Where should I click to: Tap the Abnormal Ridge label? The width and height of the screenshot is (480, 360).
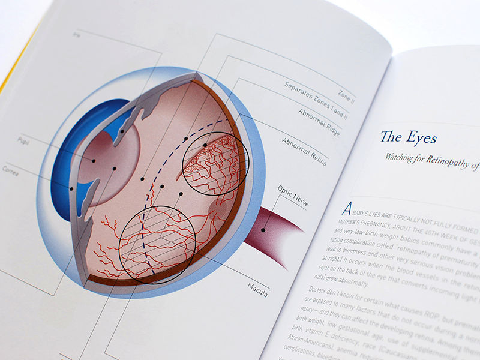pyautogui.click(x=319, y=123)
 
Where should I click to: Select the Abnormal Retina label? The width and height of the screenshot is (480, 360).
pyautogui.click(x=304, y=151)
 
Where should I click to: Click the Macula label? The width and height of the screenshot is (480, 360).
pyautogui.click(x=257, y=286)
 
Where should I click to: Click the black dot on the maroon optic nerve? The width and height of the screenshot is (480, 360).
pyautogui.click(x=263, y=229)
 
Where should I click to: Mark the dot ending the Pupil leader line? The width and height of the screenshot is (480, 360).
pyautogui.click(x=94, y=161)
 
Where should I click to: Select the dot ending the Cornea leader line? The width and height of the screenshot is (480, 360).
pyautogui.click(x=71, y=188)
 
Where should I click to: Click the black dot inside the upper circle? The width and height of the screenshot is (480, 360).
pyautogui.click(x=205, y=145)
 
